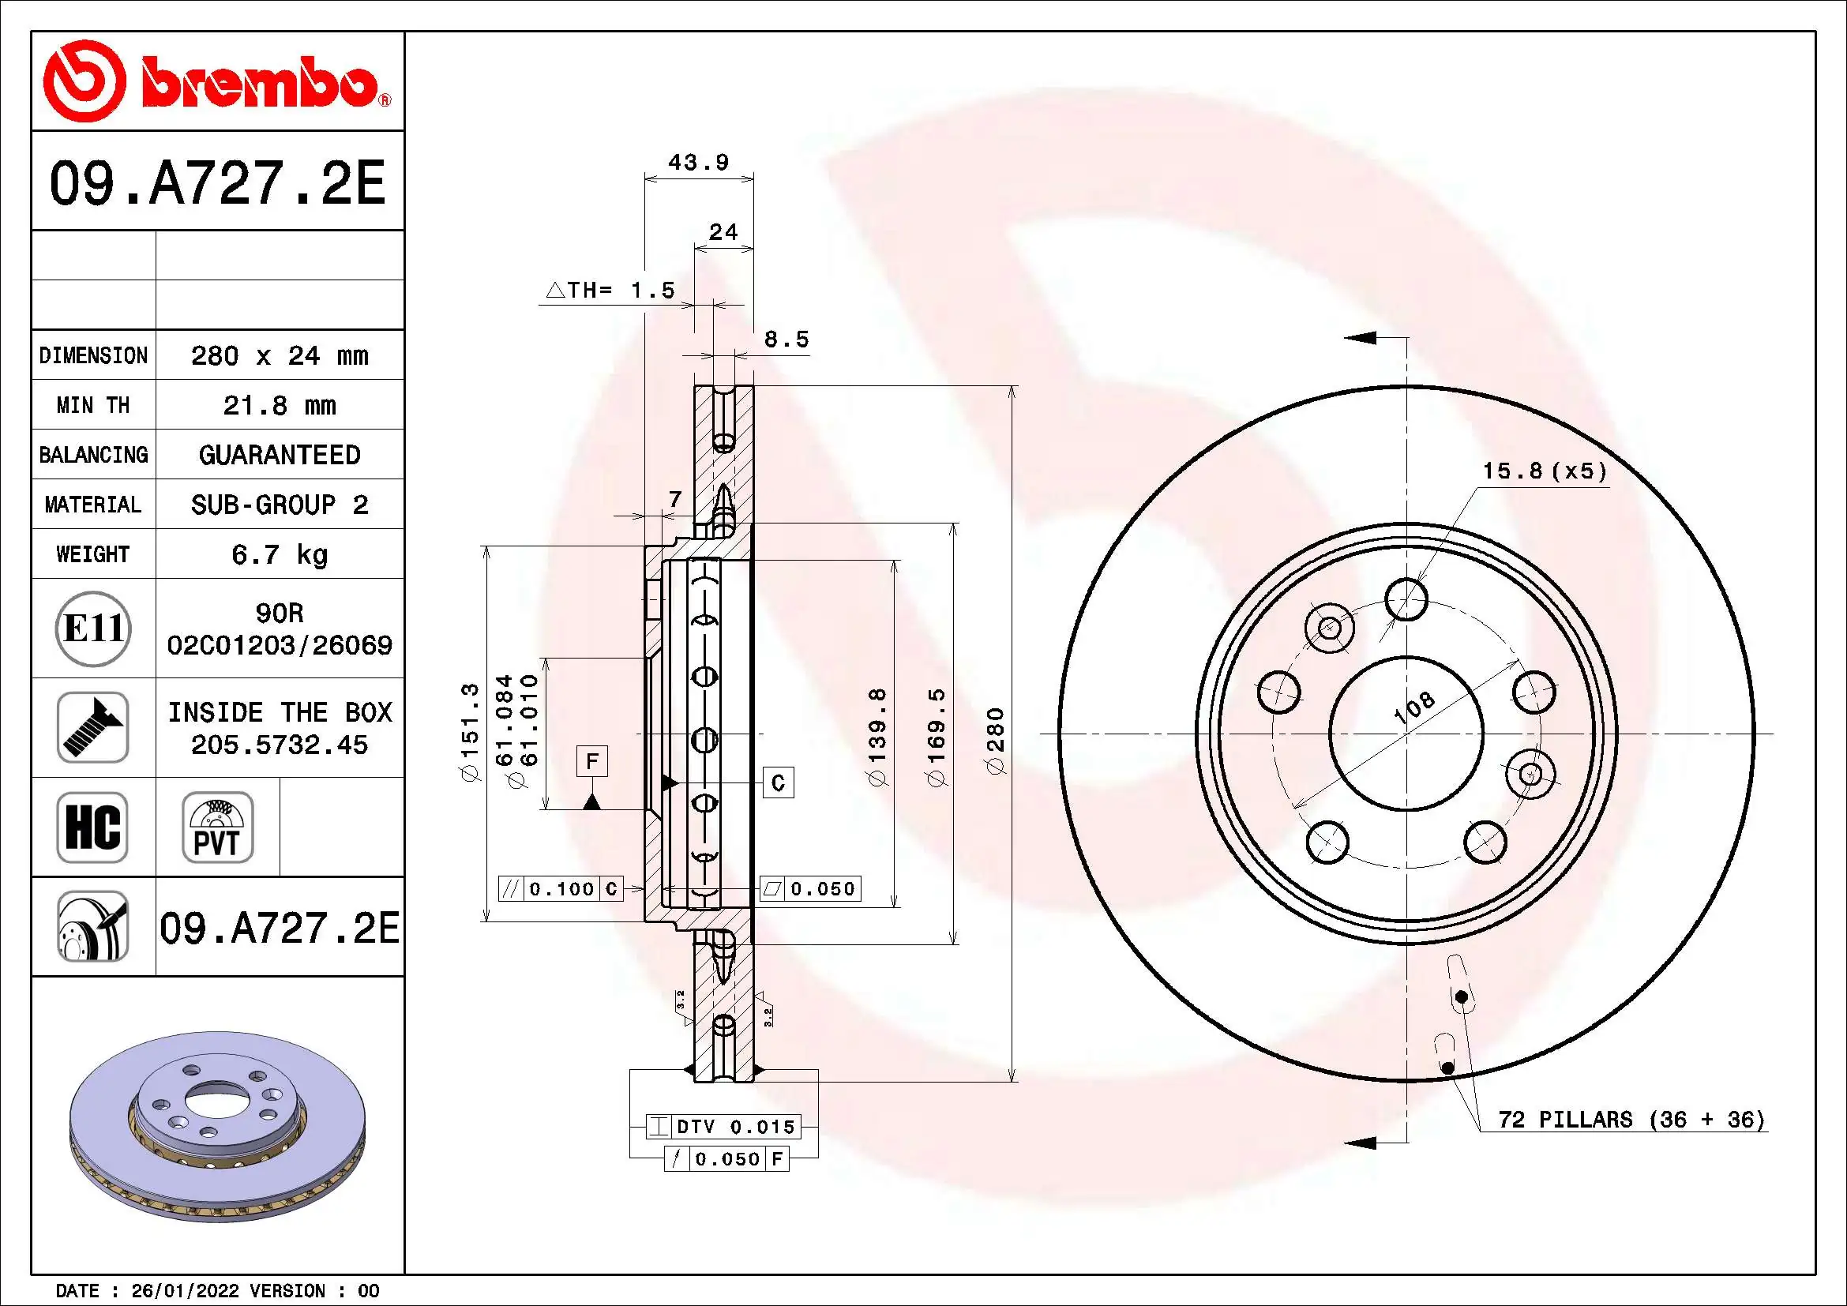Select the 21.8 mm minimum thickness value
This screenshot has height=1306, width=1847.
coord(279,405)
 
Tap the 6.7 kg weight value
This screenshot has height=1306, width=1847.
coord(279,554)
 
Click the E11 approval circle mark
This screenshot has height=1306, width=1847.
coord(93,628)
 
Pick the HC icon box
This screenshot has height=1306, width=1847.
coord(92,827)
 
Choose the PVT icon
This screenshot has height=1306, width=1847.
coord(217,827)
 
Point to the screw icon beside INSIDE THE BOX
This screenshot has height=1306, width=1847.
coord(92,727)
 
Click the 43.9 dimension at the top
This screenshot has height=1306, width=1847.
coord(698,163)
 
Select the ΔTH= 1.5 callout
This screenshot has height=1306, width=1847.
coord(610,291)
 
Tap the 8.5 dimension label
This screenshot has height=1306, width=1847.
coord(786,340)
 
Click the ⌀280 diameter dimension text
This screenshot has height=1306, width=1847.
coord(996,741)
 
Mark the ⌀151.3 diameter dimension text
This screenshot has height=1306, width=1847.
coord(470,731)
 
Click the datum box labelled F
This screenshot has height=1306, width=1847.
coord(592,760)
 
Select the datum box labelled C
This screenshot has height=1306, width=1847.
coord(778,782)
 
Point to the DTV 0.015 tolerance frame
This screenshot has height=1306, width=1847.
coord(723,1127)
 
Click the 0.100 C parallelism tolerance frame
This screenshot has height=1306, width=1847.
coord(561,888)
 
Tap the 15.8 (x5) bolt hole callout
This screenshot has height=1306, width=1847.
coord(1544,471)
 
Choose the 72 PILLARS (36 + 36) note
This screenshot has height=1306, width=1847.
coord(1631,1120)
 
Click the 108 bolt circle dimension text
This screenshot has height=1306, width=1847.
coord(1413,707)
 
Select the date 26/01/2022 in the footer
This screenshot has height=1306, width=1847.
coord(185,1291)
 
